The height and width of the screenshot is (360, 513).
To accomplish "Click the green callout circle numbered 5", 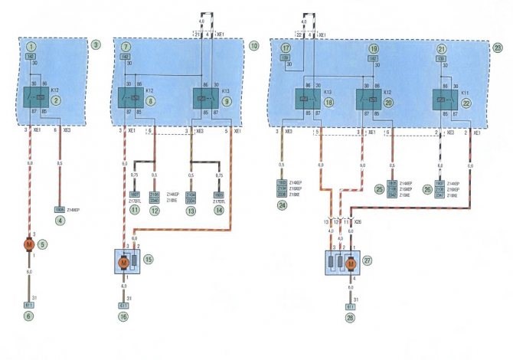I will pos(43,244).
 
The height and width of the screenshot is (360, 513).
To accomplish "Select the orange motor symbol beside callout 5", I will pos(30,244).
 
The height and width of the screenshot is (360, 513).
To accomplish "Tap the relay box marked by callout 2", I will pos(33,99).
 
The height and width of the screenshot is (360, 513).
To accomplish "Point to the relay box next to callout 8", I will pos(128,99).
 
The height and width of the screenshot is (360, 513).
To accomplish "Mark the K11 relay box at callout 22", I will pos(443,100).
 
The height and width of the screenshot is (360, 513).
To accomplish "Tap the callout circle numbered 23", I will pos(498,47).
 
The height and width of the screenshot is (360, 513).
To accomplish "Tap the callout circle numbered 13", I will pos(192,208).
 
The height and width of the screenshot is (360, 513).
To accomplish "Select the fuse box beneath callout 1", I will pos(30,57).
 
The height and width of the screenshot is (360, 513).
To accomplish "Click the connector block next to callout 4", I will pos(59,208).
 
